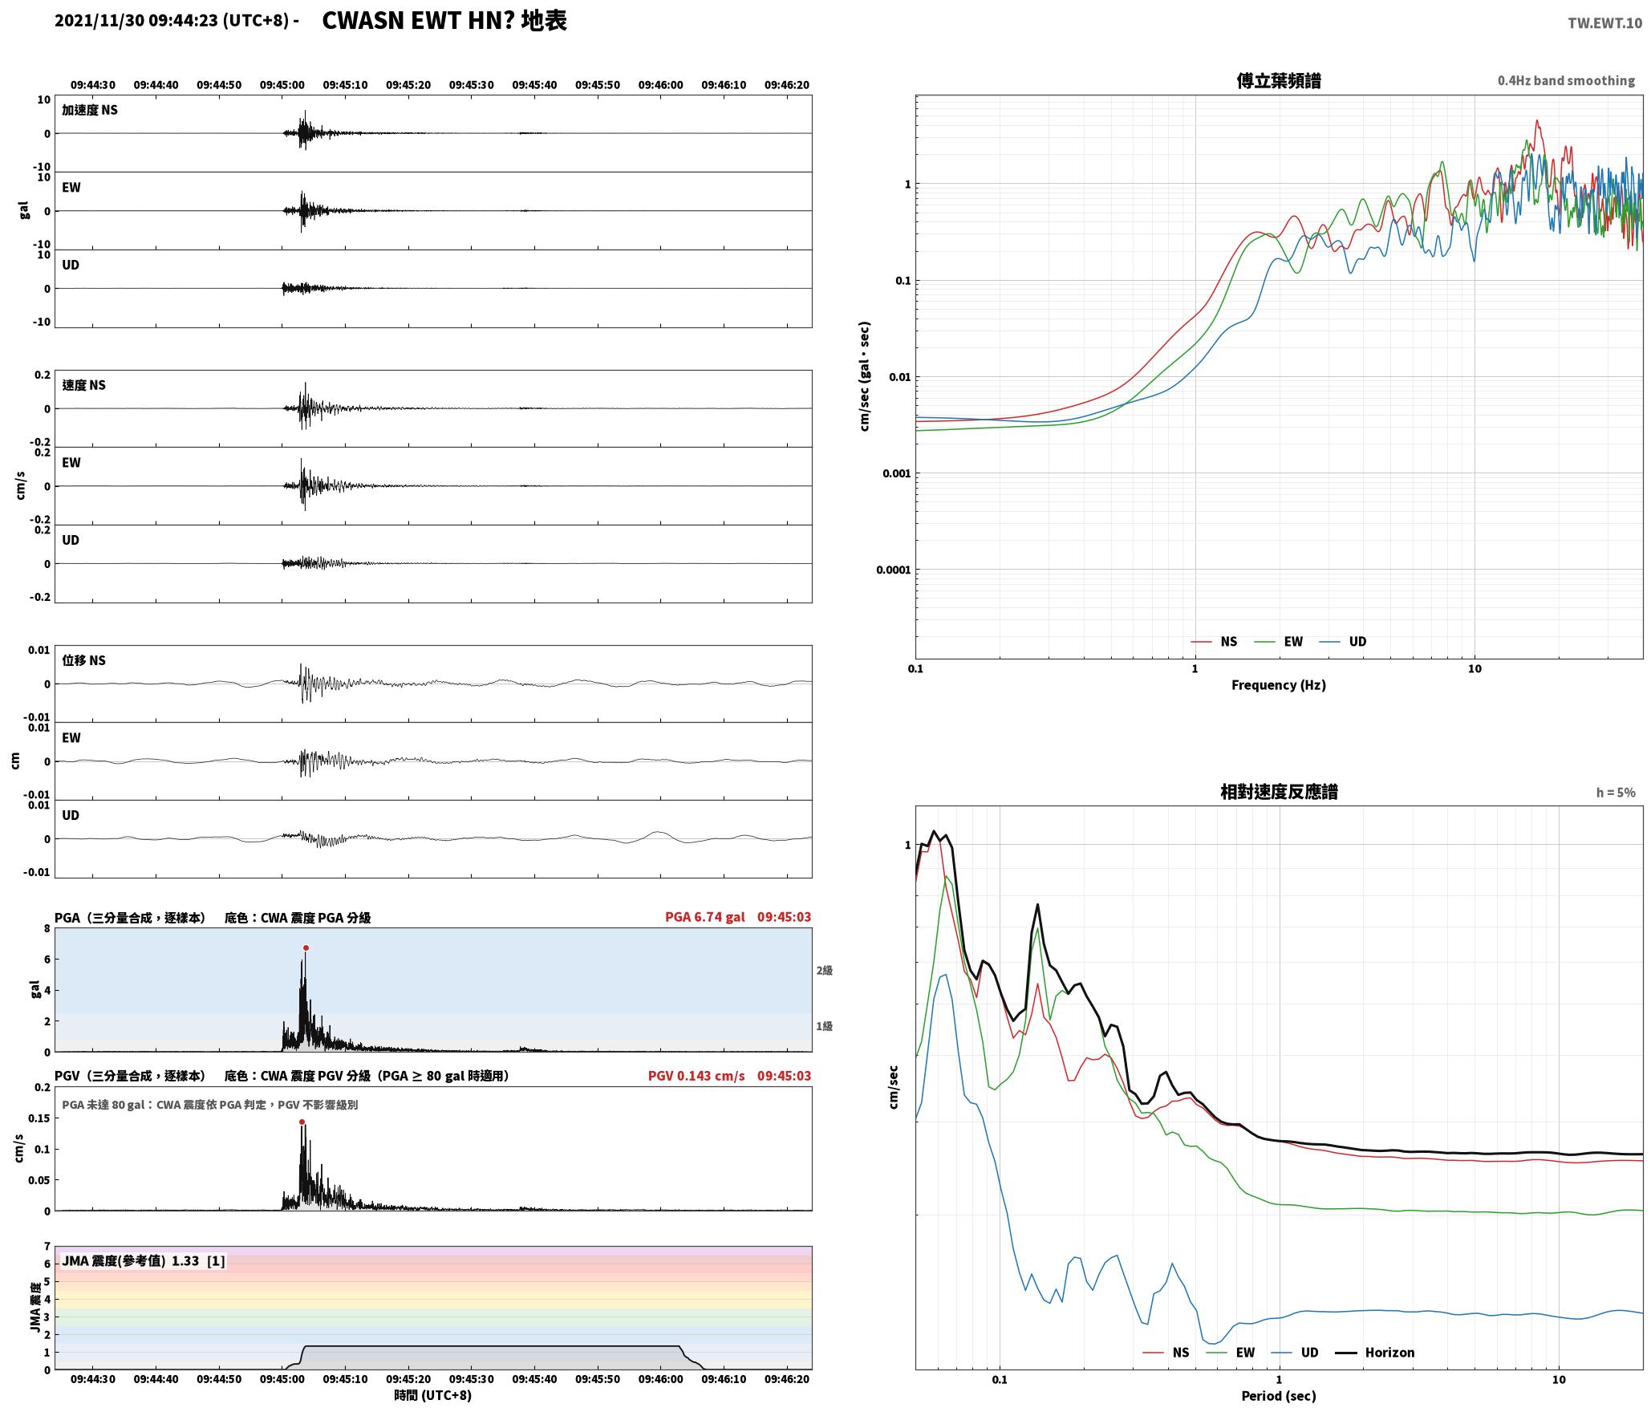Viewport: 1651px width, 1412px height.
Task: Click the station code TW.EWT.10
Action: pos(1604,23)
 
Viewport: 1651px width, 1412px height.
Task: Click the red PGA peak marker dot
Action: pos(306,948)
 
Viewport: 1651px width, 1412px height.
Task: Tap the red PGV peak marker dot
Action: pos(302,1122)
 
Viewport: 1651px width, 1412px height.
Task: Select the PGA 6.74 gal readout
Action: pos(704,917)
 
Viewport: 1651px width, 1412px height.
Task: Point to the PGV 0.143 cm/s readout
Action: pos(696,1076)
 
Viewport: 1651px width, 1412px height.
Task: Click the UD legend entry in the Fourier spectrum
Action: pos(1344,642)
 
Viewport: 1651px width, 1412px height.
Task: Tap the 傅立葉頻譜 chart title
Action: pos(1279,81)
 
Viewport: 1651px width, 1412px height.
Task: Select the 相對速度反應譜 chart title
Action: pos(1279,792)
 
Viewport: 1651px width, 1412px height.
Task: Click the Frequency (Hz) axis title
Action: pos(1279,685)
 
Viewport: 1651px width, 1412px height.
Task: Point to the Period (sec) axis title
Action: pos(1279,1396)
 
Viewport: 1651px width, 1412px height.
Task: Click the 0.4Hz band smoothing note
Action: pos(1566,81)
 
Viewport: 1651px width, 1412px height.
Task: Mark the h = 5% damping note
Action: pos(1616,793)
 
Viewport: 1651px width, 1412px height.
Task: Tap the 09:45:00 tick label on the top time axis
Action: pos(282,85)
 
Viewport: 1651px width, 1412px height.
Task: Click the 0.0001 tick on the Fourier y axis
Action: pos(893,570)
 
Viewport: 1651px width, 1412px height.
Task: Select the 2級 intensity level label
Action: pos(825,971)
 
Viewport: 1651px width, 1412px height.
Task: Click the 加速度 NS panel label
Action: pos(90,110)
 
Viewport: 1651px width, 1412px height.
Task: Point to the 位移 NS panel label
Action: pos(84,660)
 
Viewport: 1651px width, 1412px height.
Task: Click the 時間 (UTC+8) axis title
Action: pos(433,1395)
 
